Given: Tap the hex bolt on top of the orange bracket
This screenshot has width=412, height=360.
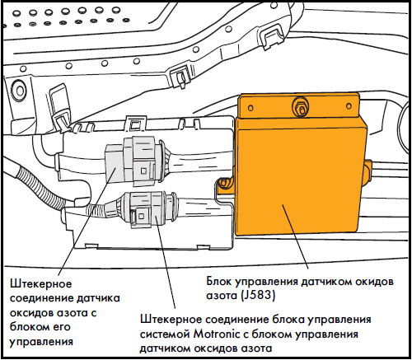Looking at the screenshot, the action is (x=301, y=107).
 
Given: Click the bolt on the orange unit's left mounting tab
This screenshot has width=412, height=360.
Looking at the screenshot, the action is (x=223, y=183).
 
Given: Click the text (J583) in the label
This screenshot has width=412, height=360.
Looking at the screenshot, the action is (x=258, y=296).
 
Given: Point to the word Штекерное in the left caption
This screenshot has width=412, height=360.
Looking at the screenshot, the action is (x=40, y=284).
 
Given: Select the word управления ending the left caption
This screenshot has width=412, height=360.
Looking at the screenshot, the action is (x=41, y=343).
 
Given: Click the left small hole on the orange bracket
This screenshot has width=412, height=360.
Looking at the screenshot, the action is (x=250, y=108).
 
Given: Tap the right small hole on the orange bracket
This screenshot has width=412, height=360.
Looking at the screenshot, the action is (x=349, y=105).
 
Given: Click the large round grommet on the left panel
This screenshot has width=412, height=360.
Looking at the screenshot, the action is (x=20, y=89).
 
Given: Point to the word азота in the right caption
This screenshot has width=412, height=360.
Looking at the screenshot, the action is (x=222, y=296).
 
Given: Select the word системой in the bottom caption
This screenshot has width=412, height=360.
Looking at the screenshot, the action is (x=165, y=334).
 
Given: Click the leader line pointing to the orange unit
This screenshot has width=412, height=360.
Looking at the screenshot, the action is (x=295, y=236).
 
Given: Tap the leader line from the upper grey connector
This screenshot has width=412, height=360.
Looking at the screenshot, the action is (x=87, y=222).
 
